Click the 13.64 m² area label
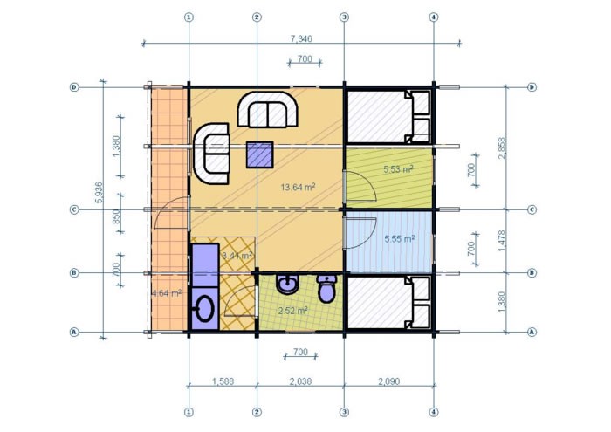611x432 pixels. click(298, 186)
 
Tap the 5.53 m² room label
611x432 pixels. click(398, 168)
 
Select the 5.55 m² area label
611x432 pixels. click(398, 237)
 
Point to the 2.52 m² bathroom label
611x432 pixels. click(292, 310)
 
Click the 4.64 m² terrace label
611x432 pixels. click(166, 293)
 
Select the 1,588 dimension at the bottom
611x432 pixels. click(223, 381)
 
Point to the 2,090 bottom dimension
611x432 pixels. click(388, 381)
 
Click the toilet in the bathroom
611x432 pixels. click(327, 288)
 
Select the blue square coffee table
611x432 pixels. click(259, 154)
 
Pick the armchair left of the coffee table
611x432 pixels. click(211, 153)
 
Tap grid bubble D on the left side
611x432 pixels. click(75, 87)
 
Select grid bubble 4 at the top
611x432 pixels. click(434, 17)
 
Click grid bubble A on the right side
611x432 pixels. click(532, 332)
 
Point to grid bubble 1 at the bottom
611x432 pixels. click(189, 411)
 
